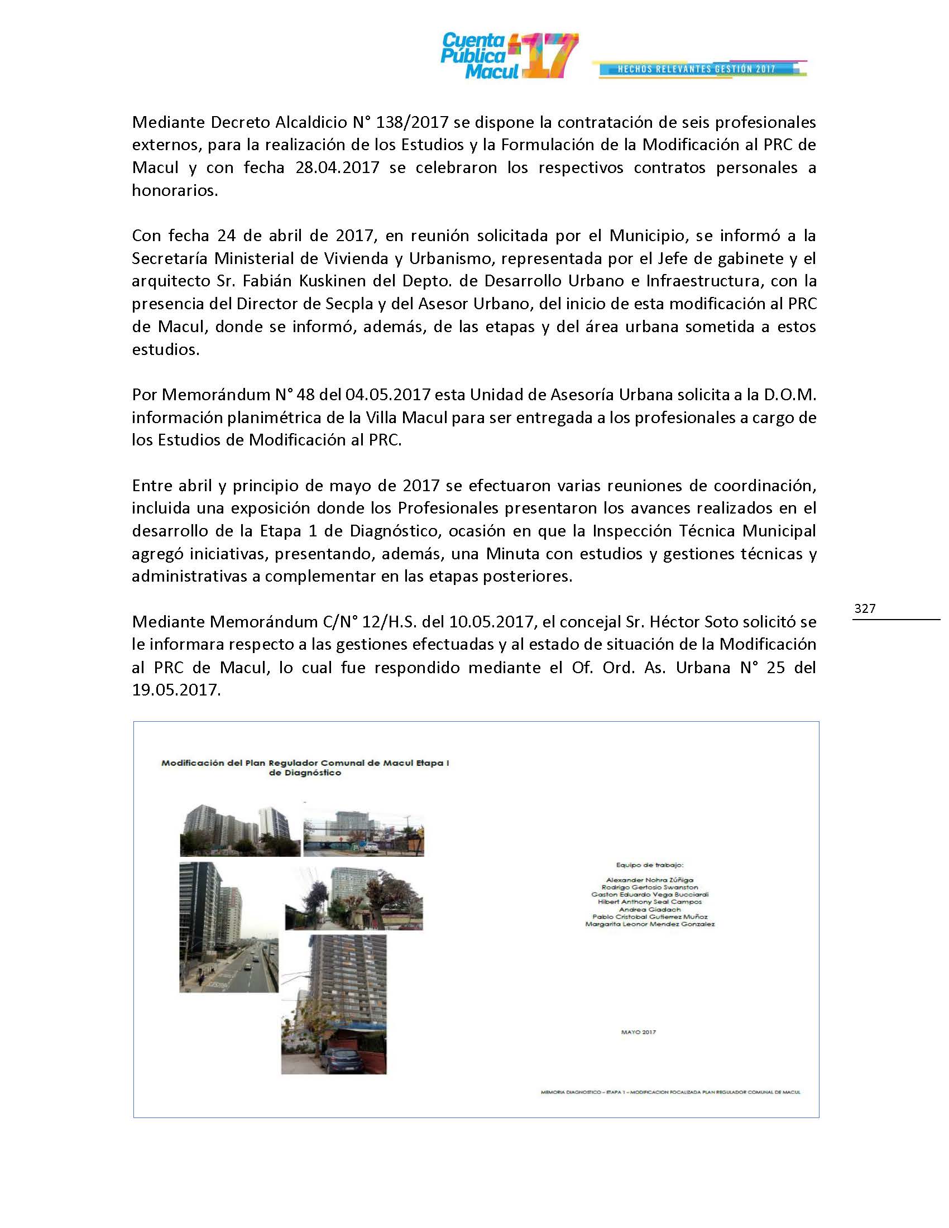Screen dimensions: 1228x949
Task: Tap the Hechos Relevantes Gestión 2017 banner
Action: (x=697, y=69)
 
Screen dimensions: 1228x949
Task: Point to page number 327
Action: (x=865, y=608)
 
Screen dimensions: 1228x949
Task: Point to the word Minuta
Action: (x=512, y=554)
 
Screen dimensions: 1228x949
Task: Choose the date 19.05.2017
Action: (x=175, y=690)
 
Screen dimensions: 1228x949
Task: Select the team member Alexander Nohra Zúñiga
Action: (x=649, y=880)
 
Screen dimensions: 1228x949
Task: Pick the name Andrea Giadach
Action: (x=649, y=909)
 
